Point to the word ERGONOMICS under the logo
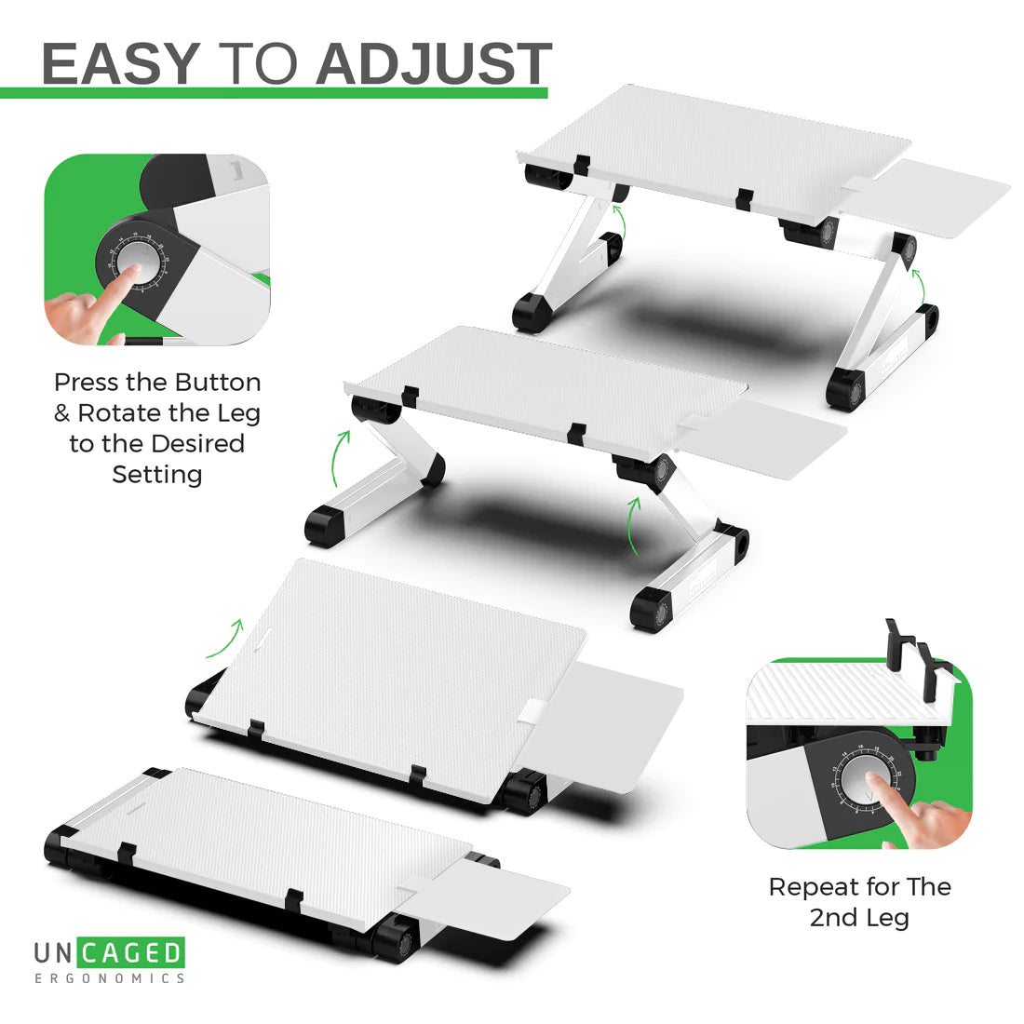coord(109,978)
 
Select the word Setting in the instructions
coord(157,475)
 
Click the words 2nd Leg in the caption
coord(858,918)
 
